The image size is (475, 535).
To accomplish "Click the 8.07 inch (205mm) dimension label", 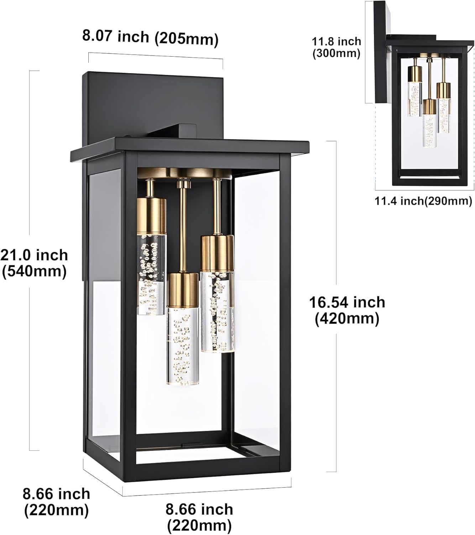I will pyautogui.click(x=150, y=38).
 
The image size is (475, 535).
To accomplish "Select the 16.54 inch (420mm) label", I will pyautogui.click(x=347, y=310).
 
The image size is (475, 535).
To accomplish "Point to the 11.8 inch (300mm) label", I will pyautogui.click(x=336, y=47).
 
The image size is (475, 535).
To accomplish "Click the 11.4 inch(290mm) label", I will pyautogui.click(x=423, y=201).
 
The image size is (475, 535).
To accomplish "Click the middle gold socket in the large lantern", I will pyautogui.click(x=183, y=289).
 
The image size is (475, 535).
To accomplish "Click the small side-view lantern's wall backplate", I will pyautogui.click(x=380, y=53).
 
